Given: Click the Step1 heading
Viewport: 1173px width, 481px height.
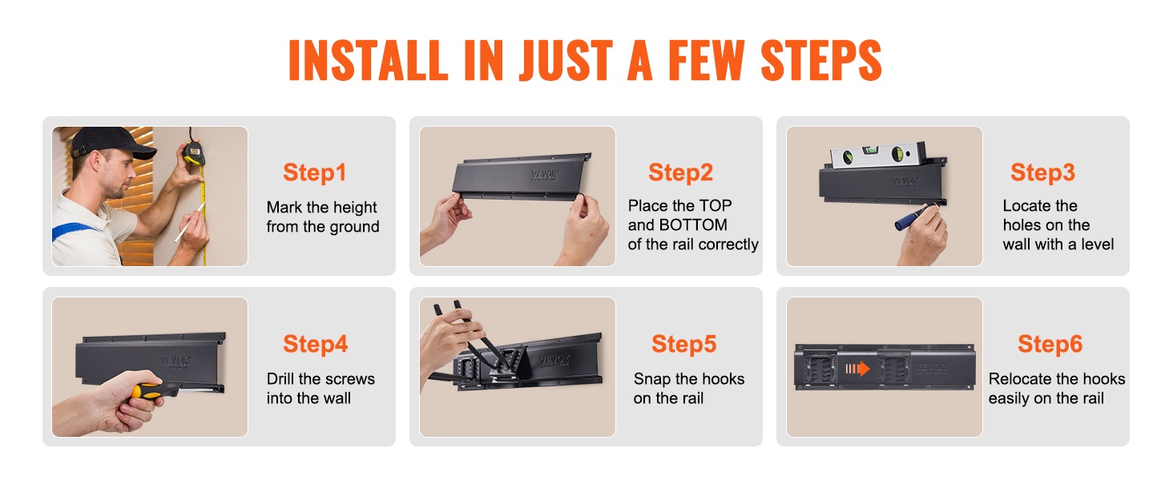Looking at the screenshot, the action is click(315, 173).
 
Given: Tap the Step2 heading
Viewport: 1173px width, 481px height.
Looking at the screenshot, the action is click(681, 172).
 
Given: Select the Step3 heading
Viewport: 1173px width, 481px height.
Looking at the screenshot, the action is click(1042, 172).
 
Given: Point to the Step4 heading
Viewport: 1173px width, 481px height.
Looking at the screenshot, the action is click(315, 344).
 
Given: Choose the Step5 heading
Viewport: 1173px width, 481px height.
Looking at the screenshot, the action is click(684, 344).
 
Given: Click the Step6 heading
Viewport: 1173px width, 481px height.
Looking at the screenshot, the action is click(1050, 344).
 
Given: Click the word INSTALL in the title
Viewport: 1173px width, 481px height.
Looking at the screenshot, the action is click(368, 60).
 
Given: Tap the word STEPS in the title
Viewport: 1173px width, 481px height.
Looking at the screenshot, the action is click(821, 60).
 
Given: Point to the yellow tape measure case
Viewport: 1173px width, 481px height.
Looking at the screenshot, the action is click(193, 154).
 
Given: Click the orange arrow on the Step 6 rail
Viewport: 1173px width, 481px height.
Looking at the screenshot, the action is click(857, 369).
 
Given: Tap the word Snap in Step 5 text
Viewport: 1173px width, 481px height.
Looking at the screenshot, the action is click(652, 379).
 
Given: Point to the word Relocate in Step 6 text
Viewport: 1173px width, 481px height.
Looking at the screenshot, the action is click(1015, 379).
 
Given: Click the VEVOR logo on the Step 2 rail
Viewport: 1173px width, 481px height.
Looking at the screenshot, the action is click(545, 175).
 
